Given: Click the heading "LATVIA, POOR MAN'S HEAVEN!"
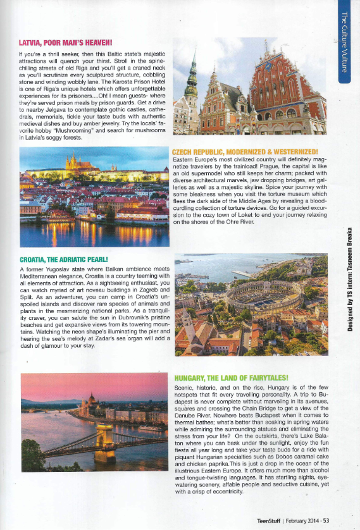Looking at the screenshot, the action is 66,43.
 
